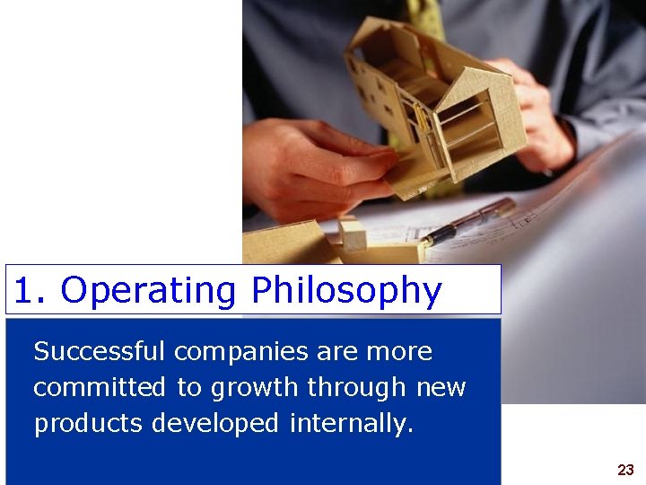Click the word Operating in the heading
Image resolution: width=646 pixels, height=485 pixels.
coord(148,291)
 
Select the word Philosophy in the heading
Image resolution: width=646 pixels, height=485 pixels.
coord(346,291)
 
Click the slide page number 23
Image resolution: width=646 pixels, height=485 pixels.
coord(625,470)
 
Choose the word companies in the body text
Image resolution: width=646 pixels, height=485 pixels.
coord(242,351)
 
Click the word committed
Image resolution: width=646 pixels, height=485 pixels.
coord(100,387)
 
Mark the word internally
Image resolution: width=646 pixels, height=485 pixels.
coord(351,423)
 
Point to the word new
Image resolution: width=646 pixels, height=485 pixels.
coord(441,388)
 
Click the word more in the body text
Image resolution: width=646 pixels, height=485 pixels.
coord(399,351)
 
